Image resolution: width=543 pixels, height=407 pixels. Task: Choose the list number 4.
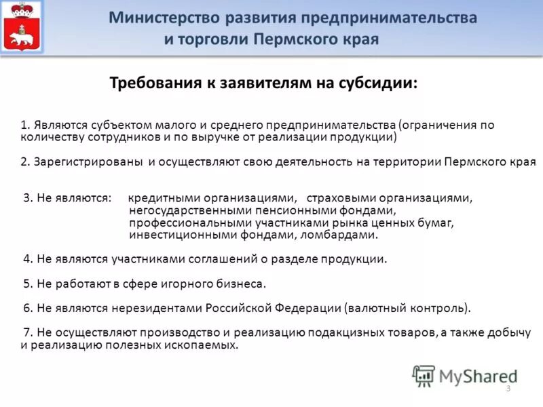[x=26, y=259]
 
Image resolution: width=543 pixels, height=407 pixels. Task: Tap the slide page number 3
[x=508, y=388]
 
